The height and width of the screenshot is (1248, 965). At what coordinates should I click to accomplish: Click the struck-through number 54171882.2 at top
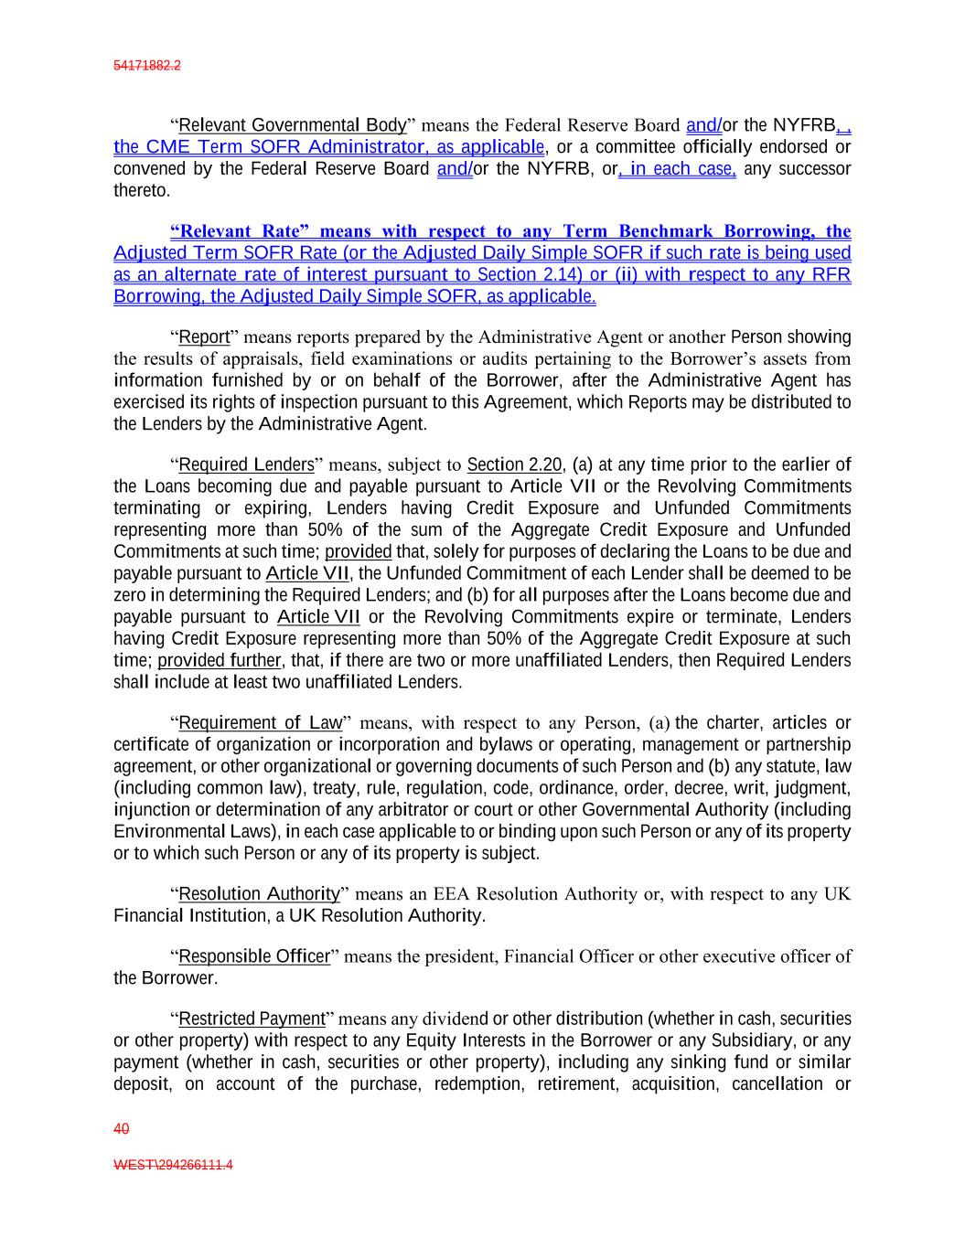pyautogui.click(x=147, y=66)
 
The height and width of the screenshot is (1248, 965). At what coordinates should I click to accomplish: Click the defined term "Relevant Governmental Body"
pyautogui.click(x=293, y=125)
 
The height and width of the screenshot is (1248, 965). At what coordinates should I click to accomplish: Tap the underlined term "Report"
pyautogui.click(x=204, y=337)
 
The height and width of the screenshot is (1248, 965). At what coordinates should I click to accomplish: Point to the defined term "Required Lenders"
pyautogui.click(x=246, y=464)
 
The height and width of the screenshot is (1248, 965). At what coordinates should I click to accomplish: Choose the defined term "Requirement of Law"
pyautogui.click(x=260, y=723)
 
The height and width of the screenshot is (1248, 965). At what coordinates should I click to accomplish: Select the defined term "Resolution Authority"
pyautogui.click(x=259, y=893)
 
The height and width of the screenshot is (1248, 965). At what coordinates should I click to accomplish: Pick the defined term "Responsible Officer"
pyautogui.click(x=253, y=956)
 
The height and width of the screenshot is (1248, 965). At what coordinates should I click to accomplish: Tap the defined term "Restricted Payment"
pyautogui.click(x=252, y=1019)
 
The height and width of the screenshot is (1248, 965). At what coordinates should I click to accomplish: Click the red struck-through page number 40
pyautogui.click(x=121, y=1129)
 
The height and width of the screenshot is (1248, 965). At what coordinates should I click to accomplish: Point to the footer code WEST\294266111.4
pyautogui.click(x=173, y=1166)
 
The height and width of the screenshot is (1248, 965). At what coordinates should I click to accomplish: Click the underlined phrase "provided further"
pyautogui.click(x=219, y=660)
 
